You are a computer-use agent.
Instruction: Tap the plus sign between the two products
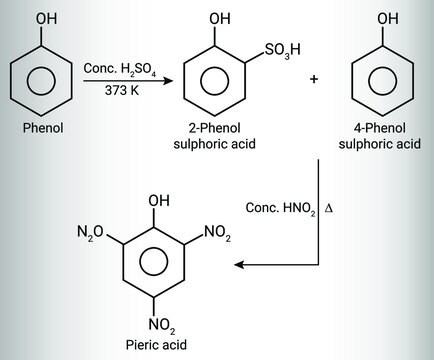click(x=315, y=78)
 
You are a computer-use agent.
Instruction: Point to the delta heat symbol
click(x=327, y=207)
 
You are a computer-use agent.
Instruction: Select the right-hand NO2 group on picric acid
click(x=217, y=234)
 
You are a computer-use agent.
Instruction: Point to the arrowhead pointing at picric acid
click(x=238, y=265)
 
